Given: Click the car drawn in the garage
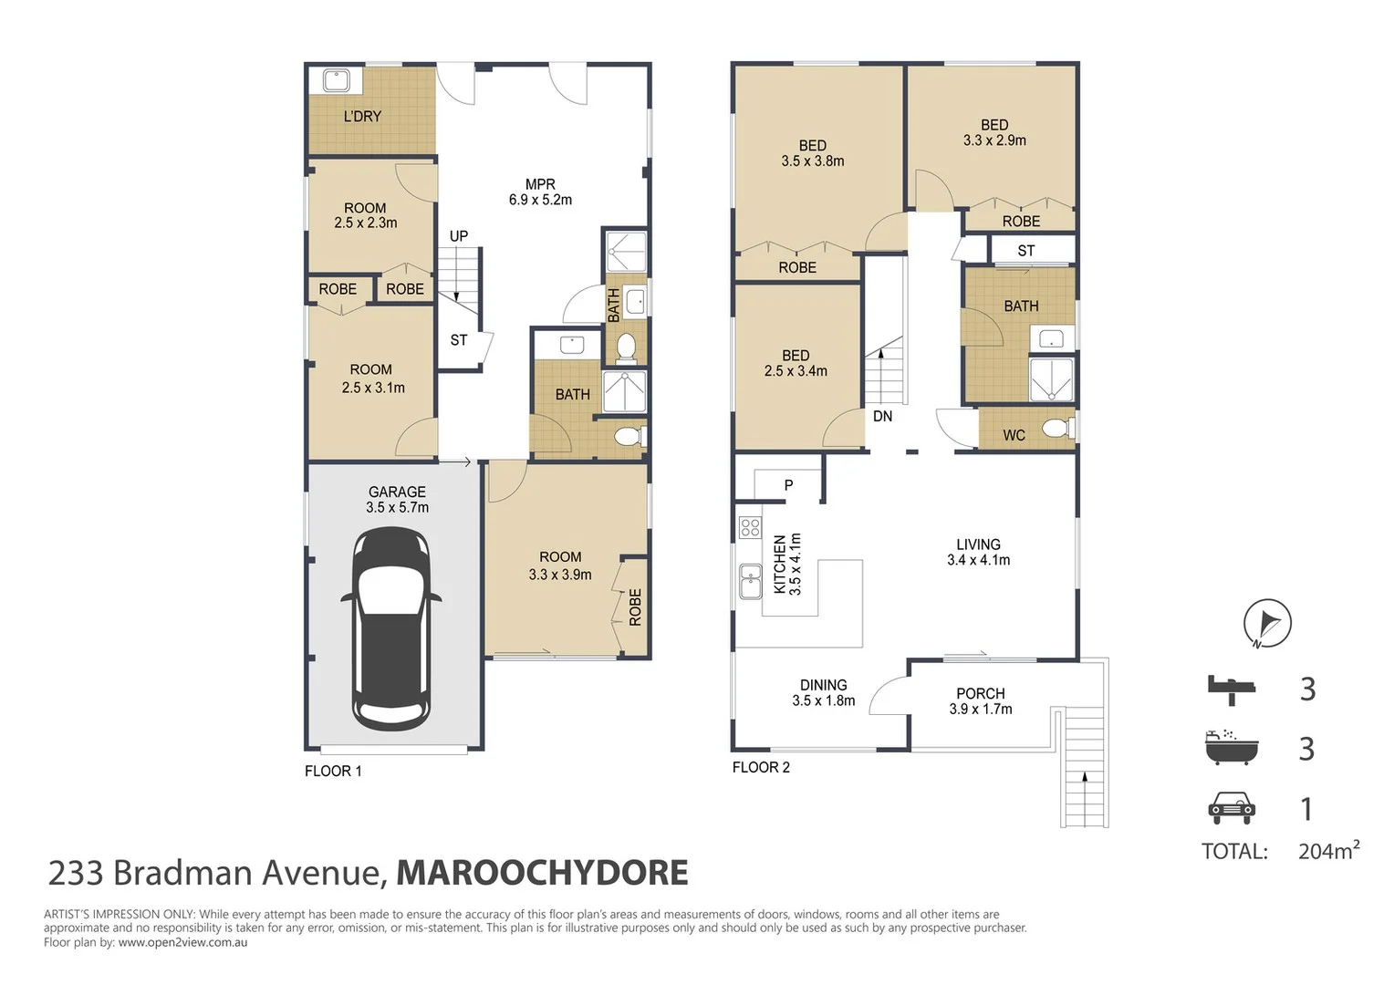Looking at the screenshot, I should click(391, 628).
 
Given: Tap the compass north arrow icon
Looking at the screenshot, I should click(1267, 623).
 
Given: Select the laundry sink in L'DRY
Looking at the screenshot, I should click(337, 81).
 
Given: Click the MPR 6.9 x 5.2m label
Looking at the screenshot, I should click(540, 192).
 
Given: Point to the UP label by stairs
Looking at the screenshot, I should click(458, 236).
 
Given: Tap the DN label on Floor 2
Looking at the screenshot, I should click(882, 417).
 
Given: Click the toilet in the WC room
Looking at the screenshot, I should click(1057, 428).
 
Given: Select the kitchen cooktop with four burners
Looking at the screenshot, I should click(750, 526).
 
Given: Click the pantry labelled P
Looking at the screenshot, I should click(788, 485).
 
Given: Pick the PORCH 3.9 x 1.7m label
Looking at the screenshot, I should click(981, 701).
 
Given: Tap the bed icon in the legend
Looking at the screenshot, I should click(1232, 689).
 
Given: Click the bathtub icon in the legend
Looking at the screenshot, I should click(1231, 748).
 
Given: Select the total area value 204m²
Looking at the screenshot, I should click(1328, 851).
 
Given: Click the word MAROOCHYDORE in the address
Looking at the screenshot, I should click(542, 873).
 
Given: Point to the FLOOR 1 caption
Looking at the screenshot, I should click(333, 772).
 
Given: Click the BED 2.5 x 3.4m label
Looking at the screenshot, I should click(796, 363).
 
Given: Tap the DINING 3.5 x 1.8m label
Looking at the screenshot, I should click(823, 693).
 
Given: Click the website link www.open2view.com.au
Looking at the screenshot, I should click(182, 942).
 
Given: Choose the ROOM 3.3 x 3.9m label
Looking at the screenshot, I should click(560, 565).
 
